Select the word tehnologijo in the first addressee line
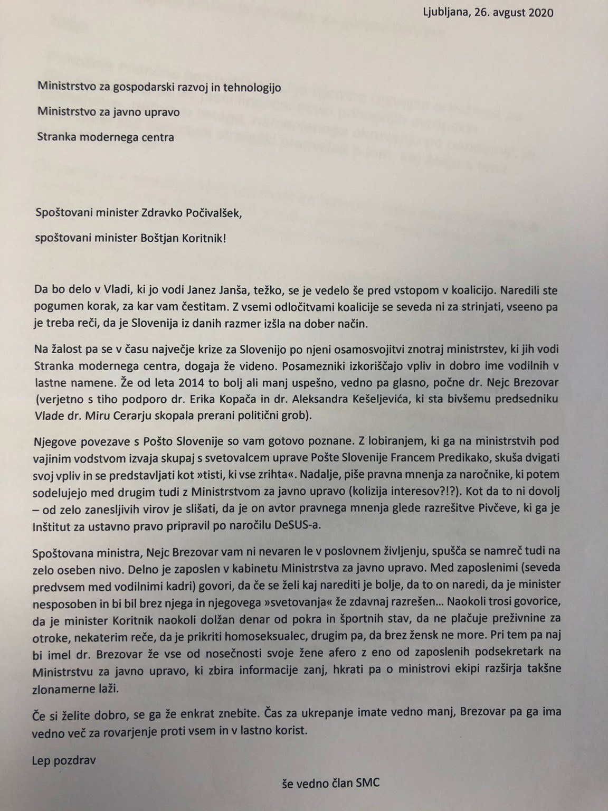(252, 87)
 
